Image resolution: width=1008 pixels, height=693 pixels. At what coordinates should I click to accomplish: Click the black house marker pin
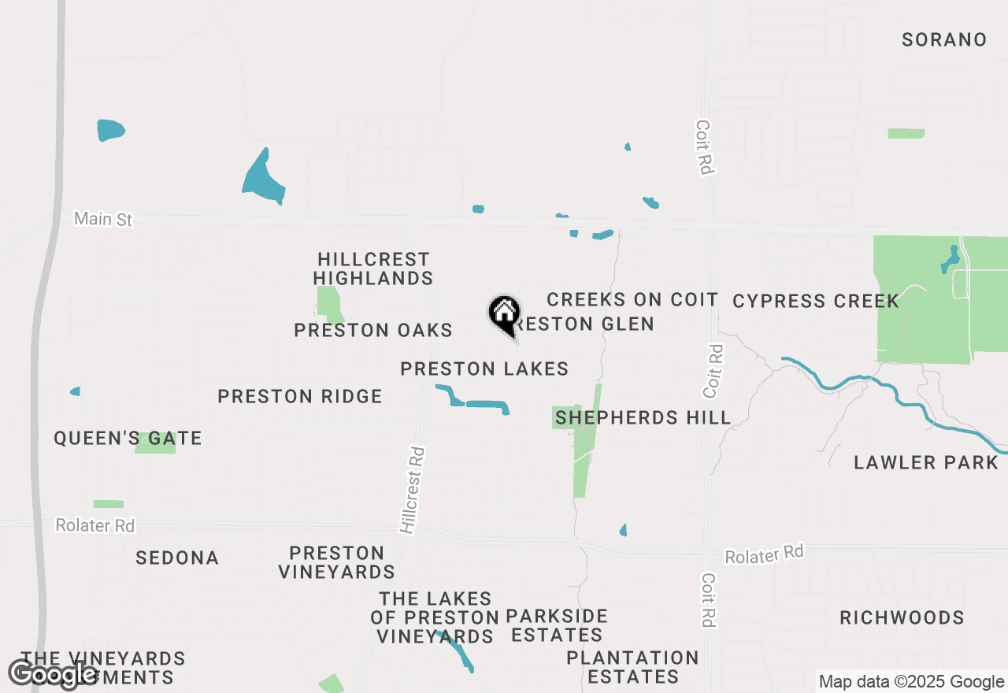505,314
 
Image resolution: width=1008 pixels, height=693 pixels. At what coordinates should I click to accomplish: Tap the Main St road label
103,219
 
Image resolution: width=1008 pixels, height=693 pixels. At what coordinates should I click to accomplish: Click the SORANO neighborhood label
944,40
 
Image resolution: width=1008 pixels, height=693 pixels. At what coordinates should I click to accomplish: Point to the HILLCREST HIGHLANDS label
373,269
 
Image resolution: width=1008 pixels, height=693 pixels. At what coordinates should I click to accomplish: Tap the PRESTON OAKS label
373,330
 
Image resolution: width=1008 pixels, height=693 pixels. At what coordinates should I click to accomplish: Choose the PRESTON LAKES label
484,369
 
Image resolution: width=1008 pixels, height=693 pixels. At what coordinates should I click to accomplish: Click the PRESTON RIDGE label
300,396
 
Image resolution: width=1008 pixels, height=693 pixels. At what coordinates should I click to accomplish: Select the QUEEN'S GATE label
128,439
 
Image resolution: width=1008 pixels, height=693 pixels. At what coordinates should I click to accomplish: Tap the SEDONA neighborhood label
177,558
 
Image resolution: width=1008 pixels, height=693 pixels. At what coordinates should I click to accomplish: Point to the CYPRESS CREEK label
816,301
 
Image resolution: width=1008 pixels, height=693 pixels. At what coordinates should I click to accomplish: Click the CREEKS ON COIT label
632,299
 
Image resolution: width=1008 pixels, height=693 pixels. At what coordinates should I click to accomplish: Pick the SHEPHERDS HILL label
643,417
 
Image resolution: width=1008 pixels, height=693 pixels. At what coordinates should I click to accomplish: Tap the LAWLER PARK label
926,462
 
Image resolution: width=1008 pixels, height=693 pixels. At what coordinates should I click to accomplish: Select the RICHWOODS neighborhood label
902,617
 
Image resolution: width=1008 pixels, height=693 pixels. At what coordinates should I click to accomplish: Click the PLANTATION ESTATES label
632,667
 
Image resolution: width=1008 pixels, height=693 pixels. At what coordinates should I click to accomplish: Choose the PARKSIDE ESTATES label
557,625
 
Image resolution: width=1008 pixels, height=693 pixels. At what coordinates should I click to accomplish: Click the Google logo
53,674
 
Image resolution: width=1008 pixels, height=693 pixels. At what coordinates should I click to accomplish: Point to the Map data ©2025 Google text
911,682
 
